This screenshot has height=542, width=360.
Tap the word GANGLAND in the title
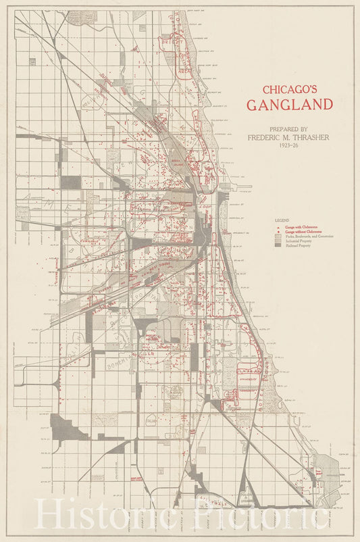[x=289, y=105]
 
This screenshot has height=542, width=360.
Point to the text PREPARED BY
[x=288, y=129]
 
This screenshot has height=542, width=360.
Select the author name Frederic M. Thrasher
[x=288, y=137]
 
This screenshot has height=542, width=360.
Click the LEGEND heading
[x=282, y=221]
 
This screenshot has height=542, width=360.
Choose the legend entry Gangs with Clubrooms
[x=301, y=228]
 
